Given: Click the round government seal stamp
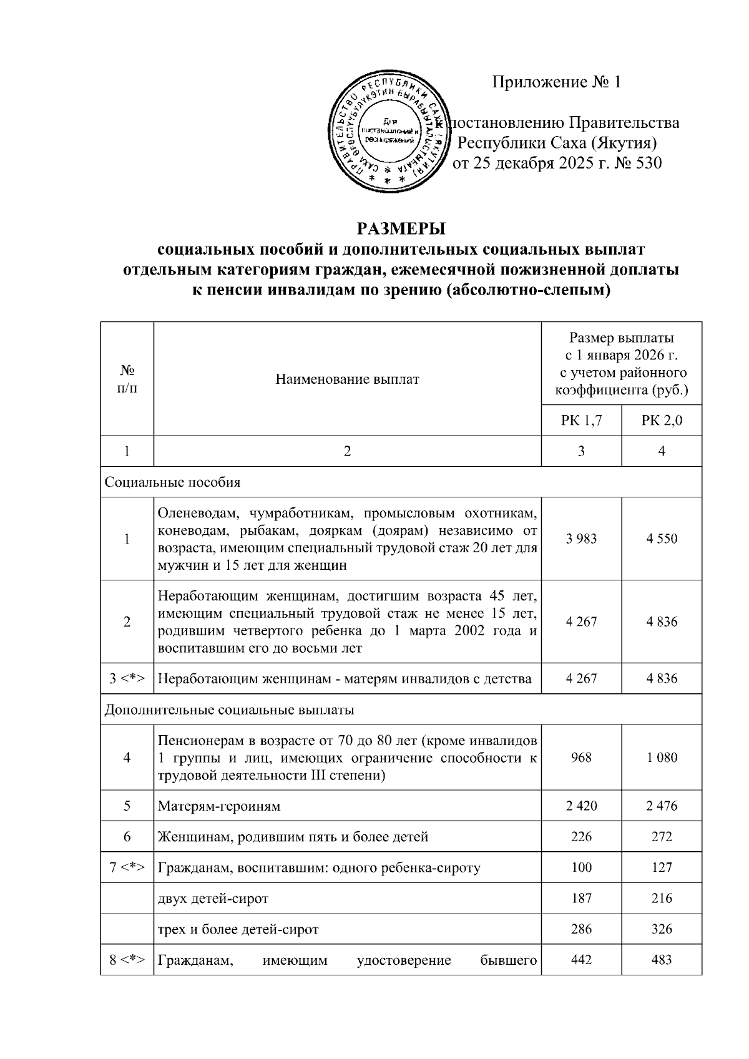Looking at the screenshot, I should [x=389, y=130].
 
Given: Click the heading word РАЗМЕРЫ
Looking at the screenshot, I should [x=401, y=228].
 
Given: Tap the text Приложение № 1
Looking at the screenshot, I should [x=557, y=82].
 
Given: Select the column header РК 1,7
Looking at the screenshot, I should [x=581, y=420].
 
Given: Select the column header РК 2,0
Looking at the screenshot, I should [x=662, y=420].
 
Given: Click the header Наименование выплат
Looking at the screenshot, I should [x=347, y=379].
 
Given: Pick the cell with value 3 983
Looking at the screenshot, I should [x=581, y=539].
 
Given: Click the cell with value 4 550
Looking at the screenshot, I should [x=662, y=539].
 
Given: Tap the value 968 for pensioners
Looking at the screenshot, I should [x=581, y=758].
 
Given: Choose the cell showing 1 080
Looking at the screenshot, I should [x=662, y=758].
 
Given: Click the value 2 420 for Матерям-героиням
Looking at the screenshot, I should [x=581, y=806].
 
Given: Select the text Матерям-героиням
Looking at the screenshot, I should [x=218, y=806].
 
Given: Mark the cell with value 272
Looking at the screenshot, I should [x=662, y=836].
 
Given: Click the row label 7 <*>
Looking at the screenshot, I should [x=127, y=867].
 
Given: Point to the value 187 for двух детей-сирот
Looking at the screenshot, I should [x=581, y=898].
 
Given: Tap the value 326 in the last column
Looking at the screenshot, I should [x=662, y=929].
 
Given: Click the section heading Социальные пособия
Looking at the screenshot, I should [x=172, y=482].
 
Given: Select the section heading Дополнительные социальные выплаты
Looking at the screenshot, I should [x=229, y=710].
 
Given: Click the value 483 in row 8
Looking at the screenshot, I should [x=662, y=960].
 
